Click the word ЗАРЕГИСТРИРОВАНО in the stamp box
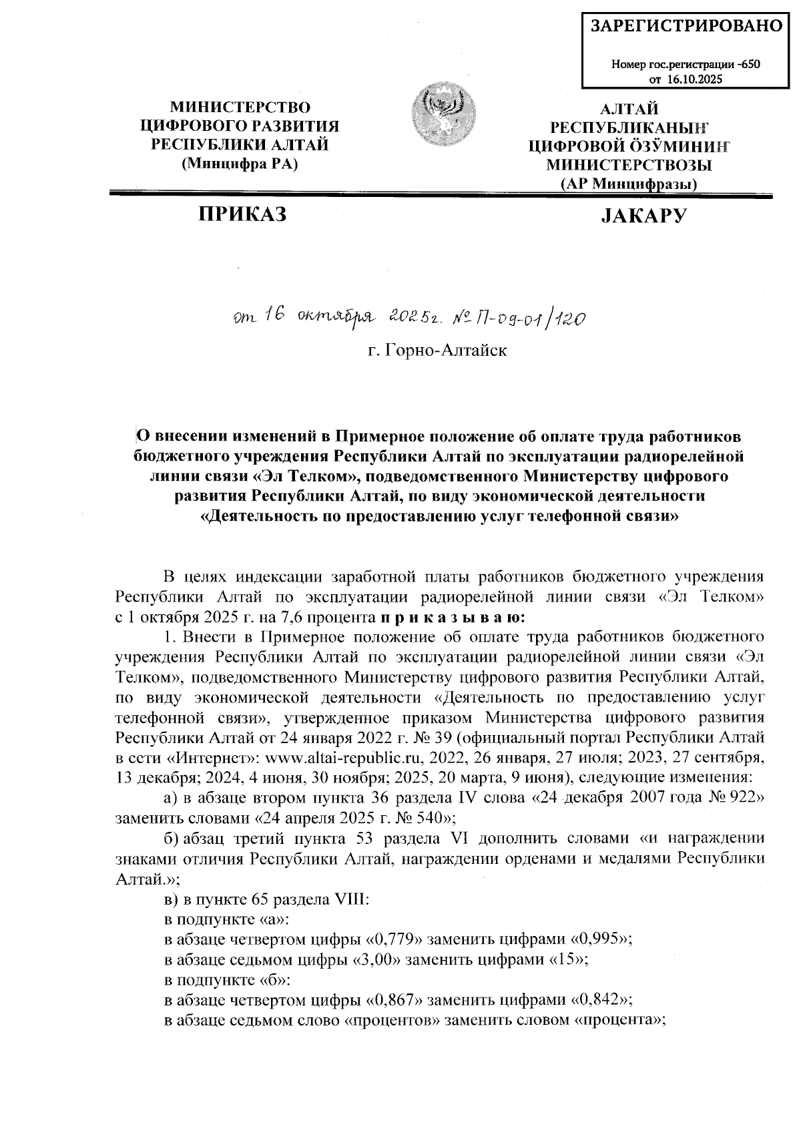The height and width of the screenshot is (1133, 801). click(686, 26)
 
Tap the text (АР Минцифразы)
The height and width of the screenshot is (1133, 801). click(629, 184)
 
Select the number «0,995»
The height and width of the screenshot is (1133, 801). click(601, 938)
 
